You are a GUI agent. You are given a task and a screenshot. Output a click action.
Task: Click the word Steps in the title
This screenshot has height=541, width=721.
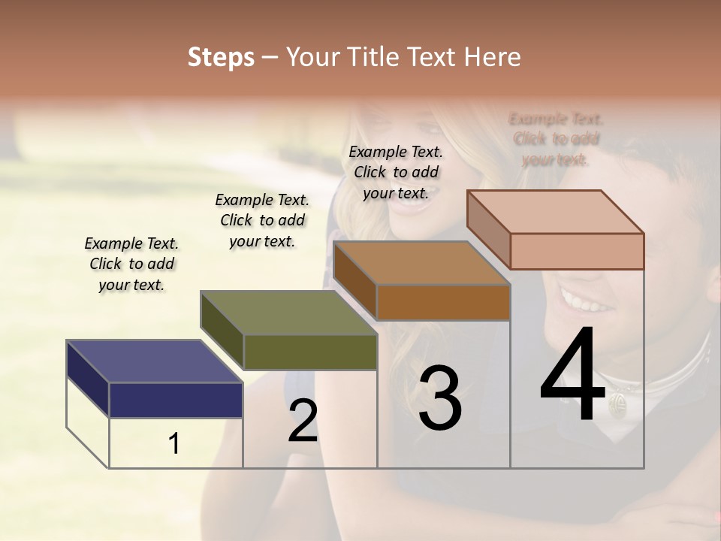(x=221, y=57)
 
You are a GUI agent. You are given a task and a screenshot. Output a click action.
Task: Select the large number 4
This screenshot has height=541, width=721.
(x=572, y=376)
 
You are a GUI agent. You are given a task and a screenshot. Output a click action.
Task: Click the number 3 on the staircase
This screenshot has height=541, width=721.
(x=439, y=398)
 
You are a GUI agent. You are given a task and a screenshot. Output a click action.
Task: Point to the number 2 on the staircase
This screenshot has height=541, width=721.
(x=303, y=421)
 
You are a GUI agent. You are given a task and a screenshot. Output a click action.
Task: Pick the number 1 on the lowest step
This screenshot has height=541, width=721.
(x=174, y=444)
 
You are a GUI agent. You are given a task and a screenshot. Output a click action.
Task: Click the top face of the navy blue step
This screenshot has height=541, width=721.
(x=154, y=361)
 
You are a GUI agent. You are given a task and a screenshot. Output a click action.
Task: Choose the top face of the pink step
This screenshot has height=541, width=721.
(x=556, y=212)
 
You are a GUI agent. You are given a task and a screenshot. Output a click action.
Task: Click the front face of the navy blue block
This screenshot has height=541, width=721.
(x=176, y=400)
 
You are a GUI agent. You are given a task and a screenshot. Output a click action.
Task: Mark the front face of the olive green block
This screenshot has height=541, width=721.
(x=310, y=352)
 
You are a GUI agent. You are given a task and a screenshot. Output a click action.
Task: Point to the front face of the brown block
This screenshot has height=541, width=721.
(x=443, y=302)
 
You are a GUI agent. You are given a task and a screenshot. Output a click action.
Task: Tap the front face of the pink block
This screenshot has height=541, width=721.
(x=577, y=251)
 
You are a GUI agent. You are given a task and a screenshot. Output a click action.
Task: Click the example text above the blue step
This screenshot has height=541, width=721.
(x=131, y=264)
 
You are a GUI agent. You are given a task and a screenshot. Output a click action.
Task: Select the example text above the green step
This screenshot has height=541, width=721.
(x=262, y=220)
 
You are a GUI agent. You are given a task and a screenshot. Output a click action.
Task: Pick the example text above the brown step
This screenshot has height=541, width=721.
(x=396, y=172)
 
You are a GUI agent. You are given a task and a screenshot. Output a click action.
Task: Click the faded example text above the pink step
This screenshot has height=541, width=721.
(x=556, y=139)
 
